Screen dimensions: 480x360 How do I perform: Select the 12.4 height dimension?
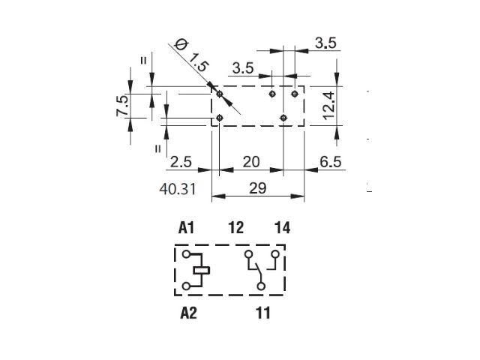click(x=329, y=106)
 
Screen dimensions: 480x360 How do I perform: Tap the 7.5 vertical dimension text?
click(x=122, y=106)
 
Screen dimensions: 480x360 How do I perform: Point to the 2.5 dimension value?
click(x=181, y=162)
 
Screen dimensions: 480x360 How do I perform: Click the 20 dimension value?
click(x=251, y=162)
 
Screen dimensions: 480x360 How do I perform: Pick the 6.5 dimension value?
click(x=330, y=162)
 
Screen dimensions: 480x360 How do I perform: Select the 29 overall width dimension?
click(x=258, y=188)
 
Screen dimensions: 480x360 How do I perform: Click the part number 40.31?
click(x=178, y=189)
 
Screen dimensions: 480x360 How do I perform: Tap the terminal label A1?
click(x=187, y=228)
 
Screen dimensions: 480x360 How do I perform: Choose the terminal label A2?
click(x=188, y=313)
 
